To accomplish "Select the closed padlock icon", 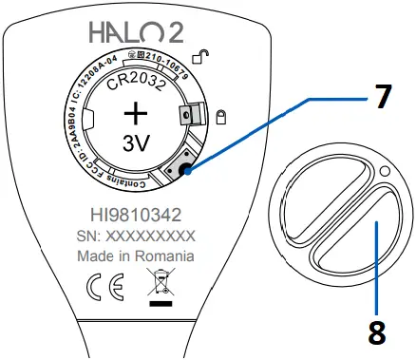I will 219,117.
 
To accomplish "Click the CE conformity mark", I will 98,285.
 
